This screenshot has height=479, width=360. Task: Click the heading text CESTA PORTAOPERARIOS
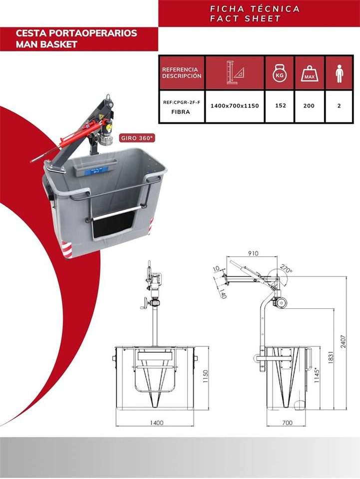76,33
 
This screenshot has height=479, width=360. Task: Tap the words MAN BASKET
47,44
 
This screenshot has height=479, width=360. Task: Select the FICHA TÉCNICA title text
255,9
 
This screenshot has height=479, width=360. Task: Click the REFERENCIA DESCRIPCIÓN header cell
182,73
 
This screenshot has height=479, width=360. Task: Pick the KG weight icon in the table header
280,74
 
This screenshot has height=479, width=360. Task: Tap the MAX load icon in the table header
310,74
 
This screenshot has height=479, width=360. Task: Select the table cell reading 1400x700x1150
235,106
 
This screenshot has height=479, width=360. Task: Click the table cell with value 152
280,106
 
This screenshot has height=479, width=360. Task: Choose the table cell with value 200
310,106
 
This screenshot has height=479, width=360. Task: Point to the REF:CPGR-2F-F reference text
182,102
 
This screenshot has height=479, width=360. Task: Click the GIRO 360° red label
137,138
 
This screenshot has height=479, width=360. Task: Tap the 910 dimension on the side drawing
253,253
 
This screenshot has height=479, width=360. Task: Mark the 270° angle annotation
286,270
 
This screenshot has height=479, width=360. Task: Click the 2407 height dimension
344,342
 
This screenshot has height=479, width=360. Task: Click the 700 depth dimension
287,423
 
